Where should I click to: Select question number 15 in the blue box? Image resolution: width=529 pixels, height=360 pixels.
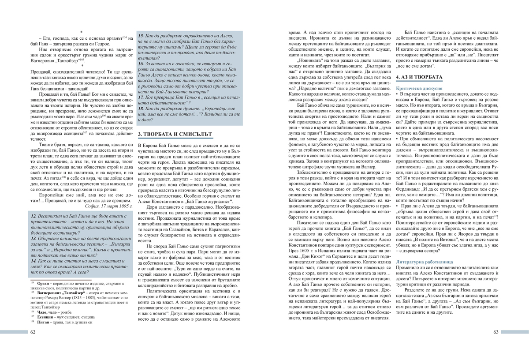coord(142,35)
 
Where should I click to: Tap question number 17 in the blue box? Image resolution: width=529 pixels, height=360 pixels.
coord(142,96)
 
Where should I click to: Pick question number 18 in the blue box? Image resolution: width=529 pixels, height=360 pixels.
coord(142,108)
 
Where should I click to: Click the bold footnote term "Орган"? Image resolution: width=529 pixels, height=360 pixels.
coord(44,282)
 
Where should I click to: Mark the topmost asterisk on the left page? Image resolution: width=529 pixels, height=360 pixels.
coord(82,32)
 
